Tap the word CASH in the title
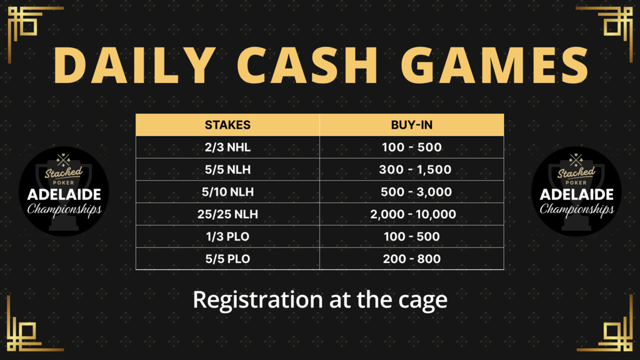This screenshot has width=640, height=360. (307, 65)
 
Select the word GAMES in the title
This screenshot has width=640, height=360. (495, 65)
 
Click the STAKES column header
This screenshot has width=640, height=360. (227, 125)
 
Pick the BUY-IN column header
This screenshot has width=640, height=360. (412, 125)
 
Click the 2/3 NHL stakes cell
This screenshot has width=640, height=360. (227, 147)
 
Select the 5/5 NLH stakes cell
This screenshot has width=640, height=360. (227, 170)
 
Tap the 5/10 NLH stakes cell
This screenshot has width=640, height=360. (227, 192)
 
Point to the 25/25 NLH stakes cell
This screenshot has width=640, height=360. (227, 214)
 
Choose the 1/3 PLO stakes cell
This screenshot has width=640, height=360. (227, 237)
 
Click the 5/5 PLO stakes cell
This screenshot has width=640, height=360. (227, 259)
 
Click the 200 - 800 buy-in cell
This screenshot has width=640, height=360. (412, 259)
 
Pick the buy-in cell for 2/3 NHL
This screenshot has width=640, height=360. (412, 147)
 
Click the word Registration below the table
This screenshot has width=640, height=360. (258, 301)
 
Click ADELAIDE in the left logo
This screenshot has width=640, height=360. (64, 195)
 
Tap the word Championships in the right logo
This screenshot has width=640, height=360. (577, 209)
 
